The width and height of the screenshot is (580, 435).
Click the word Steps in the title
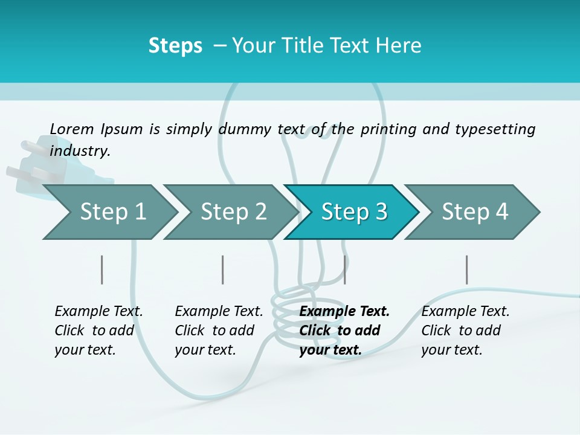pos(175,45)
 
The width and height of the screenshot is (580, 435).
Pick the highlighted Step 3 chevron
pos(354,211)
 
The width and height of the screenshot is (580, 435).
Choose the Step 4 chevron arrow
pos(475,211)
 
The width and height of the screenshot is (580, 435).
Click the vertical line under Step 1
pos(101,269)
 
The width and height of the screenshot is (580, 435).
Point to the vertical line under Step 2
pos(223,269)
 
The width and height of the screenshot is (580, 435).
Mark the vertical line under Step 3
pos(344,269)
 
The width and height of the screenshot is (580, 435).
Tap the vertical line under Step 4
pos(466,269)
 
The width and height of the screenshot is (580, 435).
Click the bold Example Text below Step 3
pos(344,330)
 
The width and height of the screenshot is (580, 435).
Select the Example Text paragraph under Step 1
pos(98,330)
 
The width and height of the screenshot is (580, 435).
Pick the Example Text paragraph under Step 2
pos(219,330)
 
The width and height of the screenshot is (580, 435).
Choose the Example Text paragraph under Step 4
pos(465,330)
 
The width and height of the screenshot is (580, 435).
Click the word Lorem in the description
pos(72,129)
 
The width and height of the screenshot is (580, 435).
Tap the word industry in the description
pos(80,150)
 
